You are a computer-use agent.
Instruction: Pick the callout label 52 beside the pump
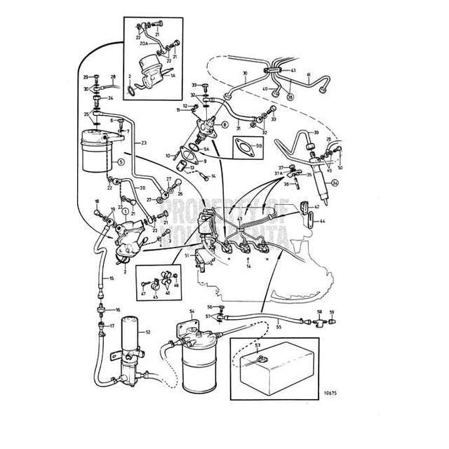[148, 332]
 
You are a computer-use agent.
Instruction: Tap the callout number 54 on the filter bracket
[191, 310]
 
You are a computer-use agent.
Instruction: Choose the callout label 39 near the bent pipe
[316, 133]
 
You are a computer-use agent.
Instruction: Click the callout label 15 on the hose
[111, 279]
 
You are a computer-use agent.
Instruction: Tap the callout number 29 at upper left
[85, 76]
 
